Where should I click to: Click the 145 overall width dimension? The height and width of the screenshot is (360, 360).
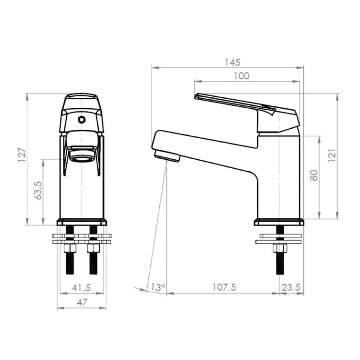tap(232, 62)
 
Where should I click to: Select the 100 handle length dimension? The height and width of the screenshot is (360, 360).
tap(242, 76)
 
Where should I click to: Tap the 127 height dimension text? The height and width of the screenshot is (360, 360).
tap(22, 155)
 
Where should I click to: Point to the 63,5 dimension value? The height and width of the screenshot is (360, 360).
tap(38, 190)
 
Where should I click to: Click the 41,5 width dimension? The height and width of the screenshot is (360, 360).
tap(81, 288)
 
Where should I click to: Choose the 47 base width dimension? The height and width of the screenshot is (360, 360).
tap(82, 302)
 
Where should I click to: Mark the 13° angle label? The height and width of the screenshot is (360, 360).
tap(158, 287)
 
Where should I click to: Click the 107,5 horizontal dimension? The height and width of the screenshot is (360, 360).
tap(224, 287)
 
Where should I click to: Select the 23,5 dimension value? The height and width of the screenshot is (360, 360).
tap(291, 287)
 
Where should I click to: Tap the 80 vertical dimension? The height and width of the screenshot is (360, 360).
tap(314, 175)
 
